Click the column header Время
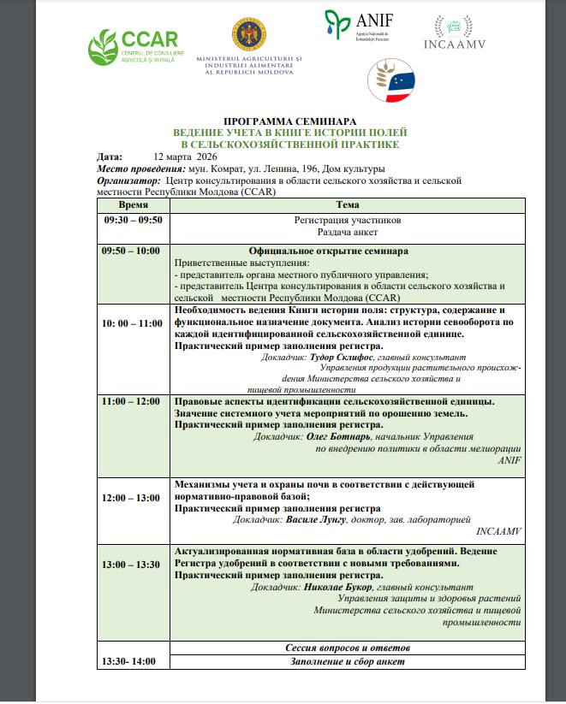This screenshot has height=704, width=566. pos(133,205)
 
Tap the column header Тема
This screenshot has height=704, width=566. pos(348,205)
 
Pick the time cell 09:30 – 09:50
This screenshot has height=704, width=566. pos(133,220)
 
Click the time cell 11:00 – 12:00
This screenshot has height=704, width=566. pos(130,400)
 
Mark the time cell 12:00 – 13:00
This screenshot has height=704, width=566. pos(131,497)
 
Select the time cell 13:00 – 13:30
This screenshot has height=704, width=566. pos(130,565)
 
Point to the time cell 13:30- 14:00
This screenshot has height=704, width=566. pos(130,662)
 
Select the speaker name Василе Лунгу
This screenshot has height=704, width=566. pos(336,518)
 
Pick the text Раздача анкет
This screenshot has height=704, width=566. pos(348,232)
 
